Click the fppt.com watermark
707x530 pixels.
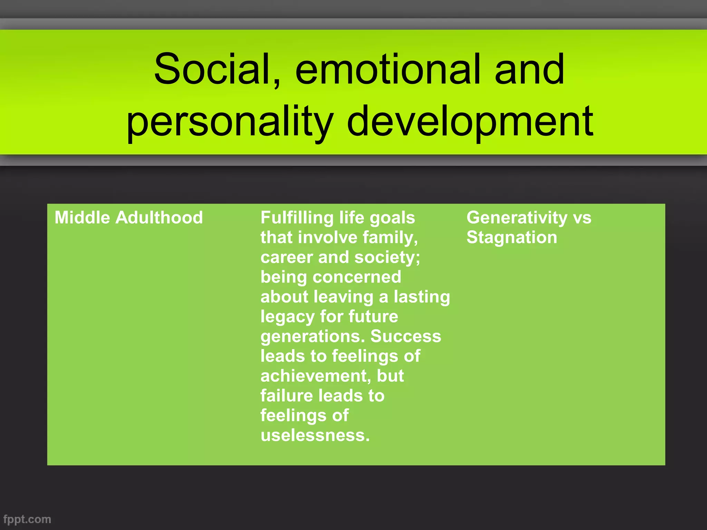27,519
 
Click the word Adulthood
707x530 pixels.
159,218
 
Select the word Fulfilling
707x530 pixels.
297,218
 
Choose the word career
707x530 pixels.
287,257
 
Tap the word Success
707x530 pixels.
406,336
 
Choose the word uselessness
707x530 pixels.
315,435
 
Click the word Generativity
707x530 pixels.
517,218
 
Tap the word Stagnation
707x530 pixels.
512,237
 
